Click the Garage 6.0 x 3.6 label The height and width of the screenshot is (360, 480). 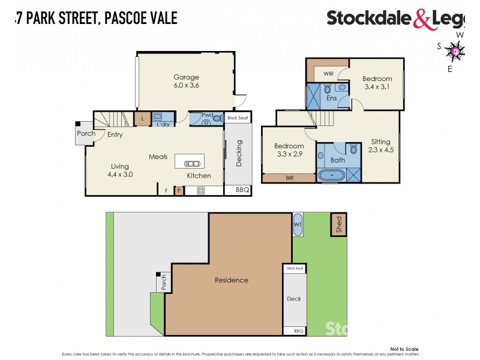click(x=186, y=81)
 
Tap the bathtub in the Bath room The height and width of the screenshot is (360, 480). click(x=331, y=176)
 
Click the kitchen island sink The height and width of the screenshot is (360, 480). click(x=190, y=162)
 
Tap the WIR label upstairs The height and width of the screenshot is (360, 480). click(x=328, y=74)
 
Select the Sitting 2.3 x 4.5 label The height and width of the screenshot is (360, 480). click(x=380, y=146)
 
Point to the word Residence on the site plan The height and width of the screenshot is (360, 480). click(x=231, y=280)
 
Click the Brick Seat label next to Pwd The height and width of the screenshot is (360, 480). click(x=238, y=118)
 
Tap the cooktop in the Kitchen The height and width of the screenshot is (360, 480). click(x=201, y=191)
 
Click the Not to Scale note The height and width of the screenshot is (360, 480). click(x=404, y=349)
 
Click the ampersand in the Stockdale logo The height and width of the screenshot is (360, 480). click(x=421, y=19)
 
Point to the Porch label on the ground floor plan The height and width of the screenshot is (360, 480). click(x=86, y=133)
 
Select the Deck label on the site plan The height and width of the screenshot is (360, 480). click(x=294, y=299)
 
